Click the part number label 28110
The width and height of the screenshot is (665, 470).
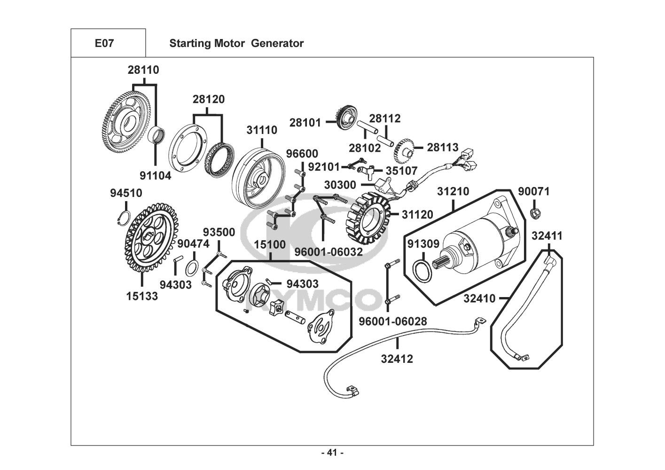point(143,70)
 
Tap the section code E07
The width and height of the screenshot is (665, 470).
point(104,43)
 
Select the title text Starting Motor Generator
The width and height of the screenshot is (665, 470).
point(236,43)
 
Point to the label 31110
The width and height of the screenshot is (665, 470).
point(262,130)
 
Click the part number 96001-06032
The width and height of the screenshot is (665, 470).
point(329,252)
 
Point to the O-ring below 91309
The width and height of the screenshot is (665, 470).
point(422,271)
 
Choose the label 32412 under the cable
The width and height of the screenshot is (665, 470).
point(397,359)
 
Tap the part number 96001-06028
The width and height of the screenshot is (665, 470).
point(393,321)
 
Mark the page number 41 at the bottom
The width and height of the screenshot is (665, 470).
point(332,453)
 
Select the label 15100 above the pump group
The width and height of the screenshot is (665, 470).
point(269,245)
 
